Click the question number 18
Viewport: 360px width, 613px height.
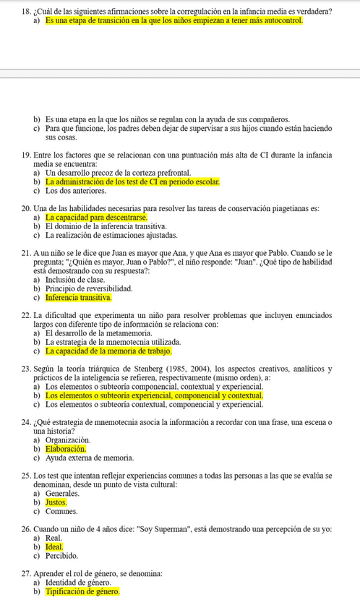27,12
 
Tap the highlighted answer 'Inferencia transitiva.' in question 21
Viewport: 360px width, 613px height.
78,297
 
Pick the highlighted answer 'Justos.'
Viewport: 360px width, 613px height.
56,502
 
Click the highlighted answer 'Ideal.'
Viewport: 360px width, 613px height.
54,547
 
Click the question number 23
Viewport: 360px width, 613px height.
27,369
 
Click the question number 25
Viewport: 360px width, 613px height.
27,475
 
